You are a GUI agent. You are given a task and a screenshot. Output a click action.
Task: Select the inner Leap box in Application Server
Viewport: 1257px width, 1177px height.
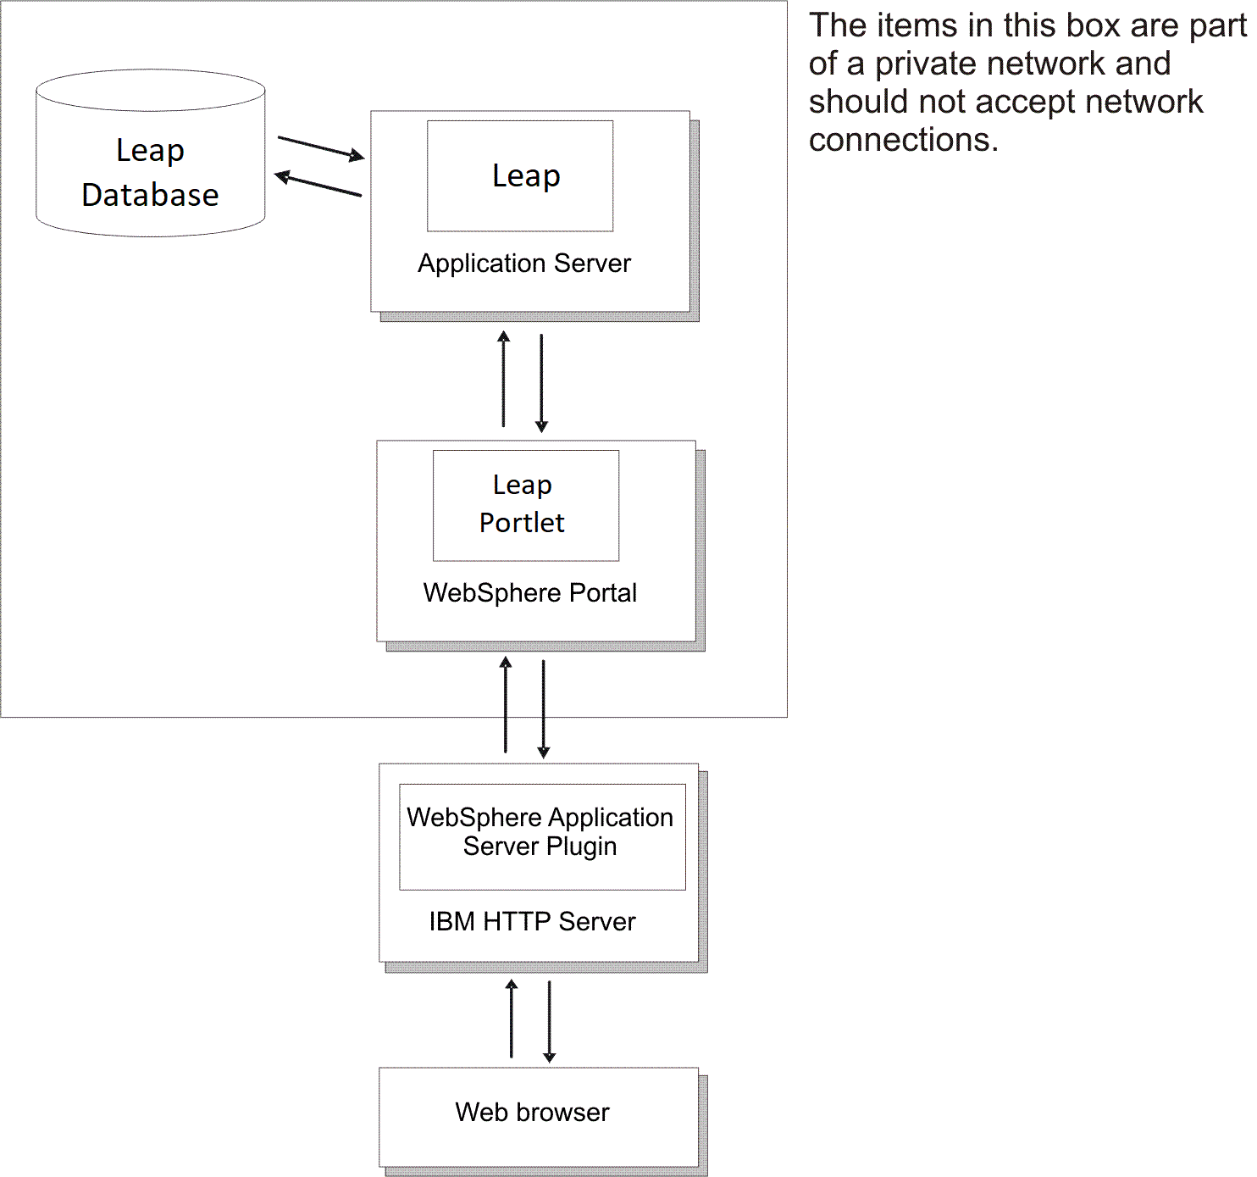[520, 175]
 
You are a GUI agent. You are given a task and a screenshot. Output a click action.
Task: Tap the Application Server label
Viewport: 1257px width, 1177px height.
[524, 264]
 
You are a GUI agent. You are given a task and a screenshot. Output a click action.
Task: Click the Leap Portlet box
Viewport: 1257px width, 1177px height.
[525, 505]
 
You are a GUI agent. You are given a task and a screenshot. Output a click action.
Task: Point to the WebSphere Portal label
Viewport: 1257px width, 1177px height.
[529, 592]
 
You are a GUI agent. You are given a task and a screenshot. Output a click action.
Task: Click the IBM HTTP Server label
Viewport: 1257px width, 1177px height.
[532, 921]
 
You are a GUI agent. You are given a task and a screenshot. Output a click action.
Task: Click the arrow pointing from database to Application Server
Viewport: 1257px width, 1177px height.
[321, 147]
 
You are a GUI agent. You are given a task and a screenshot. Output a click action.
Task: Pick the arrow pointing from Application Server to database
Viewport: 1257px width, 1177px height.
[318, 185]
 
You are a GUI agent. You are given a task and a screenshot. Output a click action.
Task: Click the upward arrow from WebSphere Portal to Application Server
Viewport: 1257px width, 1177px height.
[504, 379]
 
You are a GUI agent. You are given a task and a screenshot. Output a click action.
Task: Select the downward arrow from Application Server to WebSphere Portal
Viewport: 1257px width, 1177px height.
[541, 383]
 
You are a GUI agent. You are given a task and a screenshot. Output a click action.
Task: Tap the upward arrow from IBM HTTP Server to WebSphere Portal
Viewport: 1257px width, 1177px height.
[506, 705]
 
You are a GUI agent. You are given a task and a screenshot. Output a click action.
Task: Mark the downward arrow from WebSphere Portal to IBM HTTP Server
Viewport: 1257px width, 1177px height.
[544, 708]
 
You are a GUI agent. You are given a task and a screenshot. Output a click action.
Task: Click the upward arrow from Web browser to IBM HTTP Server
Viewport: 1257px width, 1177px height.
[512, 1019]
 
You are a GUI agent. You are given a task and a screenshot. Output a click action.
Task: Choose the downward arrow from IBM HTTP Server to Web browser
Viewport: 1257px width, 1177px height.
[549, 1021]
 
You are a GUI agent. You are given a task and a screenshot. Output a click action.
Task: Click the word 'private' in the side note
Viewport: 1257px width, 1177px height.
[926, 64]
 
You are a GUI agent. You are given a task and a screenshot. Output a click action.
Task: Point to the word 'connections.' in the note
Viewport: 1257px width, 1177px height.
[903, 140]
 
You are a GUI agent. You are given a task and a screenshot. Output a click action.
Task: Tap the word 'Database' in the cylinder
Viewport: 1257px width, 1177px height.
[150, 195]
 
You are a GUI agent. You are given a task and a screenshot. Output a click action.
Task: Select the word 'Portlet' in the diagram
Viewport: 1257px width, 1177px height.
[522, 523]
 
